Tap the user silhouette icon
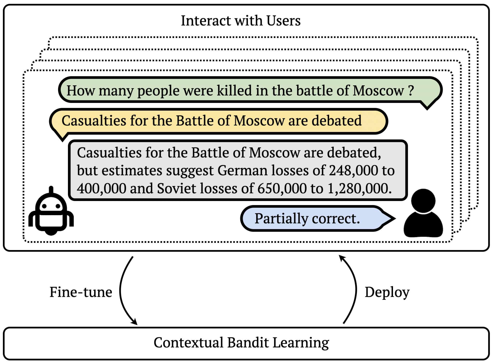(x=423, y=213)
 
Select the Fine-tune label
(x=81, y=292)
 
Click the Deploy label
(x=387, y=292)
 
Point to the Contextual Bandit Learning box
(x=246, y=343)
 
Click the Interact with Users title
(x=241, y=21)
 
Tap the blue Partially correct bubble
(x=318, y=219)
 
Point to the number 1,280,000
(x=359, y=189)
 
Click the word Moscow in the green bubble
(x=378, y=91)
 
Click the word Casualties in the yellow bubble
(x=94, y=121)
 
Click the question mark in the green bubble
(x=411, y=91)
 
